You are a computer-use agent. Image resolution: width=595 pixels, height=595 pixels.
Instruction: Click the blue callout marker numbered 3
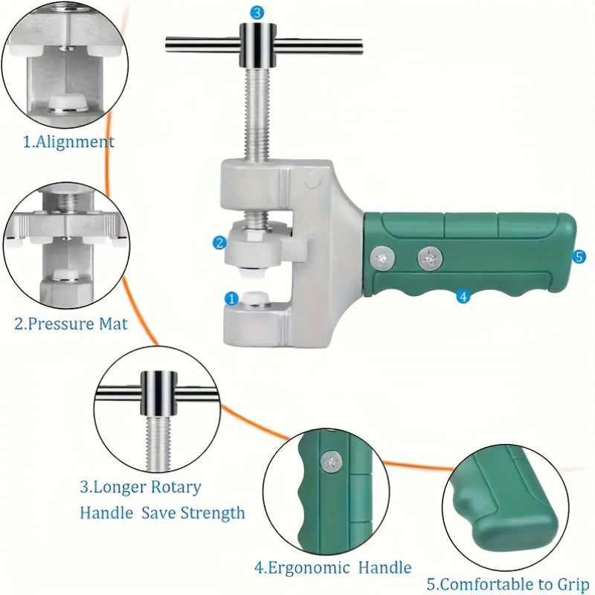pyautogui.click(x=257, y=13)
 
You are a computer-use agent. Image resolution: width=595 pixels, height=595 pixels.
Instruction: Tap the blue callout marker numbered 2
pyautogui.click(x=219, y=243)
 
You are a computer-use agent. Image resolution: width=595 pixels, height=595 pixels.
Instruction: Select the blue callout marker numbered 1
pyautogui.click(x=231, y=299)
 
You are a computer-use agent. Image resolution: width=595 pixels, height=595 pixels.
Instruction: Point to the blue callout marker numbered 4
pyautogui.click(x=463, y=296)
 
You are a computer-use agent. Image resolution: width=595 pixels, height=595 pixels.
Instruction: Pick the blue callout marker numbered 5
pyautogui.click(x=579, y=257)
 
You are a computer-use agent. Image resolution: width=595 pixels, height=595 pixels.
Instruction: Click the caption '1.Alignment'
pyautogui.click(x=68, y=141)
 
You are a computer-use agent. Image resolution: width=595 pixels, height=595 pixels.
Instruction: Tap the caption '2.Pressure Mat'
pyautogui.click(x=71, y=324)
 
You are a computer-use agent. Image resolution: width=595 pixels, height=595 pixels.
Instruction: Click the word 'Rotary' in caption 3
pyautogui.click(x=176, y=487)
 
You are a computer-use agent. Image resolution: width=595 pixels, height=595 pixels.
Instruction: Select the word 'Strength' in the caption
pyautogui.click(x=212, y=513)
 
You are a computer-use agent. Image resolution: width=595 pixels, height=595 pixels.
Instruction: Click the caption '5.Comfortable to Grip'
pyautogui.click(x=508, y=585)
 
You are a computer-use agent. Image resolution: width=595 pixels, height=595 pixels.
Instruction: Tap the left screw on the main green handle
pyautogui.click(x=382, y=258)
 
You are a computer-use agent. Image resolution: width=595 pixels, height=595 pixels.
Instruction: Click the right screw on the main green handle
pyautogui.click(x=430, y=259)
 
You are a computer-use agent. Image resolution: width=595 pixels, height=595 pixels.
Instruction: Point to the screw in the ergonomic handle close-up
pyautogui.click(x=331, y=462)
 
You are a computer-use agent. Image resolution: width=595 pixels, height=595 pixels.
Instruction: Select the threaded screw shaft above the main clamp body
pyautogui.click(x=257, y=113)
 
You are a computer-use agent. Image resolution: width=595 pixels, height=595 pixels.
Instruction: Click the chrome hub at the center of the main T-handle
pyautogui.click(x=257, y=45)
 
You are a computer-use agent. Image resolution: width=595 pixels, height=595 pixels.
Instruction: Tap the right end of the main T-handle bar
pyautogui.click(x=361, y=45)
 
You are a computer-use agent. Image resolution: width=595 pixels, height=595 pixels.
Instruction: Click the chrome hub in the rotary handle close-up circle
pyautogui.click(x=159, y=393)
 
